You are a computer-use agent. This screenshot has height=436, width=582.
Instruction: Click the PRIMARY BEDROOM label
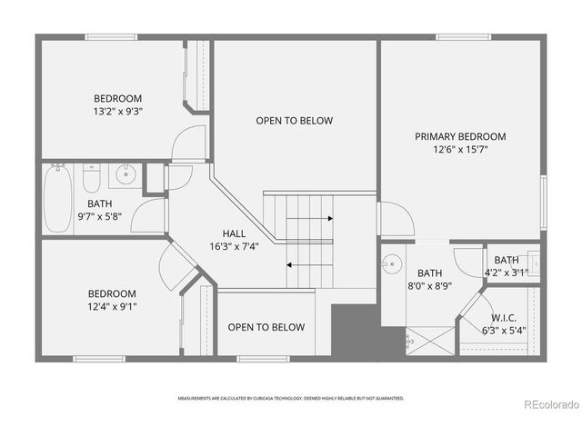click(460, 136)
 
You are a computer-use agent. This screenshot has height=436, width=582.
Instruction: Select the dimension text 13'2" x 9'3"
click(118, 112)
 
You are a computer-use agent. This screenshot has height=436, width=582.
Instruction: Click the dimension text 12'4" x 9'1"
click(112, 306)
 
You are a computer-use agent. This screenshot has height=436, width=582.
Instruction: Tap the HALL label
click(234, 233)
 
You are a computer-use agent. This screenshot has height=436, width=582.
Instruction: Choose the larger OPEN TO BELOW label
click(294, 121)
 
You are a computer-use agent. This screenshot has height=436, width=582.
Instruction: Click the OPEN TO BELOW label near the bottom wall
click(266, 327)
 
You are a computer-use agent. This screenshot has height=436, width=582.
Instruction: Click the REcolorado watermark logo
click(547, 404)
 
